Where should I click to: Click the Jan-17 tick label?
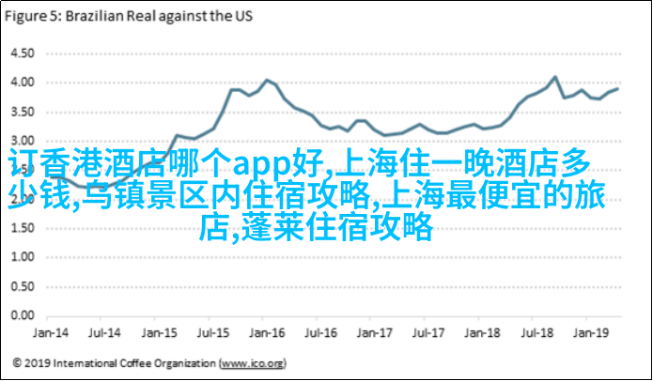(375, 332)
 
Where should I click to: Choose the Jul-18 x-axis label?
(536, 332)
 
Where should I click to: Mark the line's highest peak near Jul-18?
(554, 77)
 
